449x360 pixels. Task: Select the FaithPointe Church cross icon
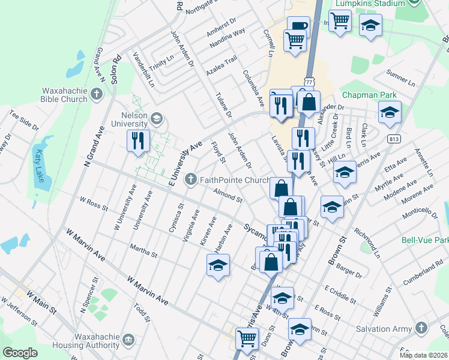191,179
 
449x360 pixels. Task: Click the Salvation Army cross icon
421,328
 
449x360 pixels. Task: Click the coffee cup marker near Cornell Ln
298,26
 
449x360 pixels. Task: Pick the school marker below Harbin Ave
218,264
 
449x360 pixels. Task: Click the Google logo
20,353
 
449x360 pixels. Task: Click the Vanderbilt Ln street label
144,68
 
